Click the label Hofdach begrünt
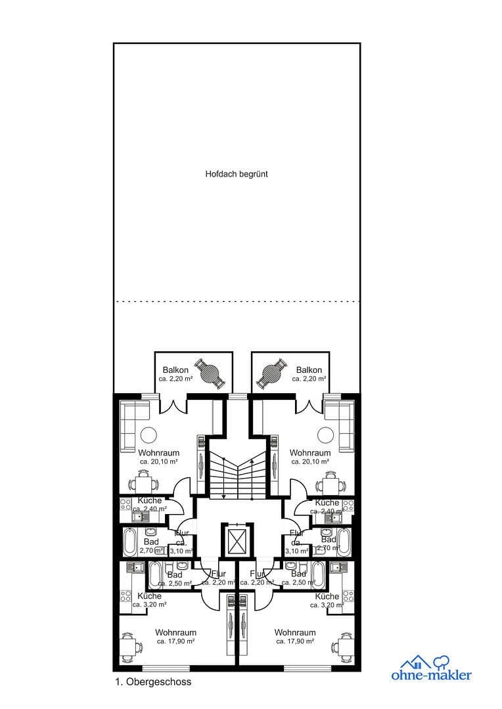click(x=237, y=175)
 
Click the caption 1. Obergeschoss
click(x=152, y=682)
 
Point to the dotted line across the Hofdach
click(x=237, y=301)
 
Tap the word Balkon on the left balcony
click(x=175, y=370)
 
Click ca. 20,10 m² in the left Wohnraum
click(x=158, y=462)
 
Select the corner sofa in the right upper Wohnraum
click(x=339, y=423)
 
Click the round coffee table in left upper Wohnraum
click(x=149, y=435)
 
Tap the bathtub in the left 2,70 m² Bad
click(x=130, y=542)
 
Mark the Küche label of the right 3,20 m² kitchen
click(x=327, y=596)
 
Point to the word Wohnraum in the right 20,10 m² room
click(x=309, y=453)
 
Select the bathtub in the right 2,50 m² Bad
click(x=318, y=573)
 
